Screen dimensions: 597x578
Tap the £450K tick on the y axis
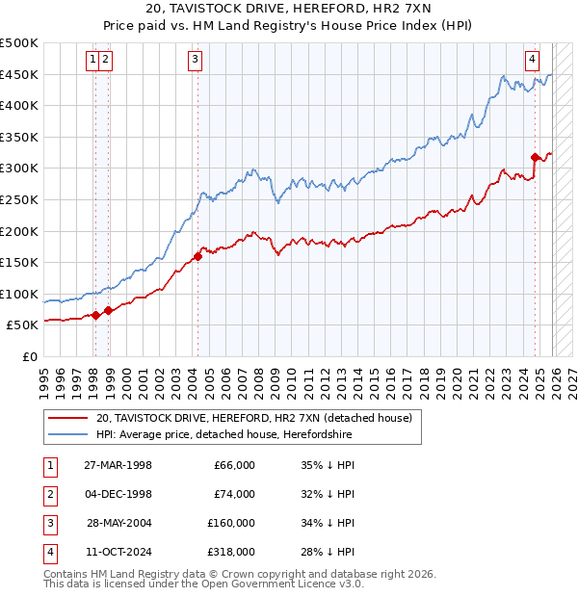[19, 74]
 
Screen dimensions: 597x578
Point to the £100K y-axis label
[19, 294]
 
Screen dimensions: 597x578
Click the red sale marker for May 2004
[197, 256]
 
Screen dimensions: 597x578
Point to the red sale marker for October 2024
[535, 157]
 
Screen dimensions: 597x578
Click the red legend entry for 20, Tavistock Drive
[254, 418]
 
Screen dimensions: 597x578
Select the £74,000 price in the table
[234, 494]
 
